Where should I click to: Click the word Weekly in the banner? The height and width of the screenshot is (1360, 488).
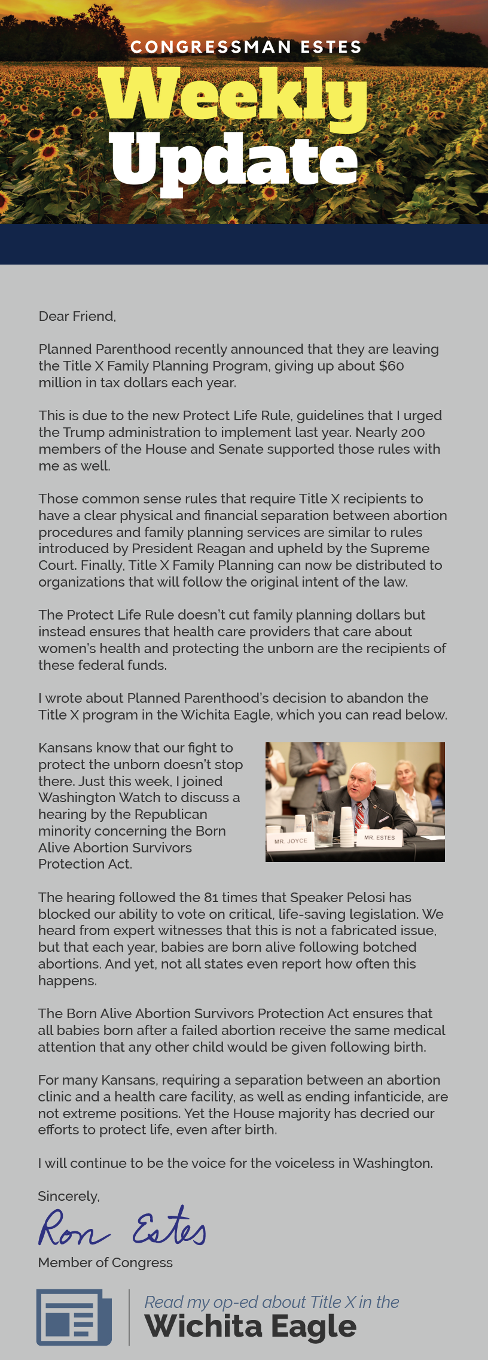point(233,96)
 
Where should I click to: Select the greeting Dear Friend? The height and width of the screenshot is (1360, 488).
point(77,316)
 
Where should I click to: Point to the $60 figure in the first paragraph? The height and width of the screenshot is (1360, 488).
point(392,366)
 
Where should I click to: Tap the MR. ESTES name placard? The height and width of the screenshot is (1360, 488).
point(380,837)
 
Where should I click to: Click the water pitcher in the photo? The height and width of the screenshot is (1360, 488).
point(323,827)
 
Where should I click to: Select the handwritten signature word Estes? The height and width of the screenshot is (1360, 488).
point(169,1227)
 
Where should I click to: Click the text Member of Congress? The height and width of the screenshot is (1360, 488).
point(105,1262)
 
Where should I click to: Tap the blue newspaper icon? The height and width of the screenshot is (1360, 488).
point(74,1317)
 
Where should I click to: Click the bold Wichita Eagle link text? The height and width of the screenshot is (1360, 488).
point(251,1326)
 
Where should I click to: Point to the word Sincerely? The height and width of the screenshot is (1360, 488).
point(69,1196)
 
